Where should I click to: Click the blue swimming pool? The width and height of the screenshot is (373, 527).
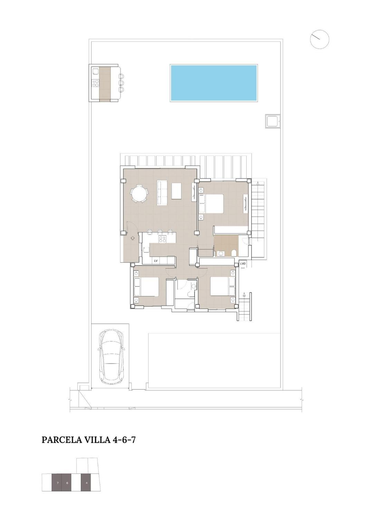(x=213, y=83)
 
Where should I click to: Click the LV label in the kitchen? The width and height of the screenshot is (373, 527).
(x=155, y=261)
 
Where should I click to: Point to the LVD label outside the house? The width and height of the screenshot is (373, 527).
(x=243, y=264)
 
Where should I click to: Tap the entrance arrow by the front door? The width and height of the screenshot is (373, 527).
(x=133, y=238)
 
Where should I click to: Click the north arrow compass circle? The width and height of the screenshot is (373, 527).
(x=319, y=40)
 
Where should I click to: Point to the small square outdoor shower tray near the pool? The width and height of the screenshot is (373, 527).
(x=272, y=121)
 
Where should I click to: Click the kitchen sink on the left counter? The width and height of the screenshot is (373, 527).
(x=146, y=249)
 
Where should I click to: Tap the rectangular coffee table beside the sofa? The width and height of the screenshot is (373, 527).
(x=177, y=191)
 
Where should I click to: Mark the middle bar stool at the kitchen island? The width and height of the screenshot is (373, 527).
(x=160, y=232)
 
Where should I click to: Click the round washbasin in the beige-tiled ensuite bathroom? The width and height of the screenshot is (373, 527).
(x=221, y=253)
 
